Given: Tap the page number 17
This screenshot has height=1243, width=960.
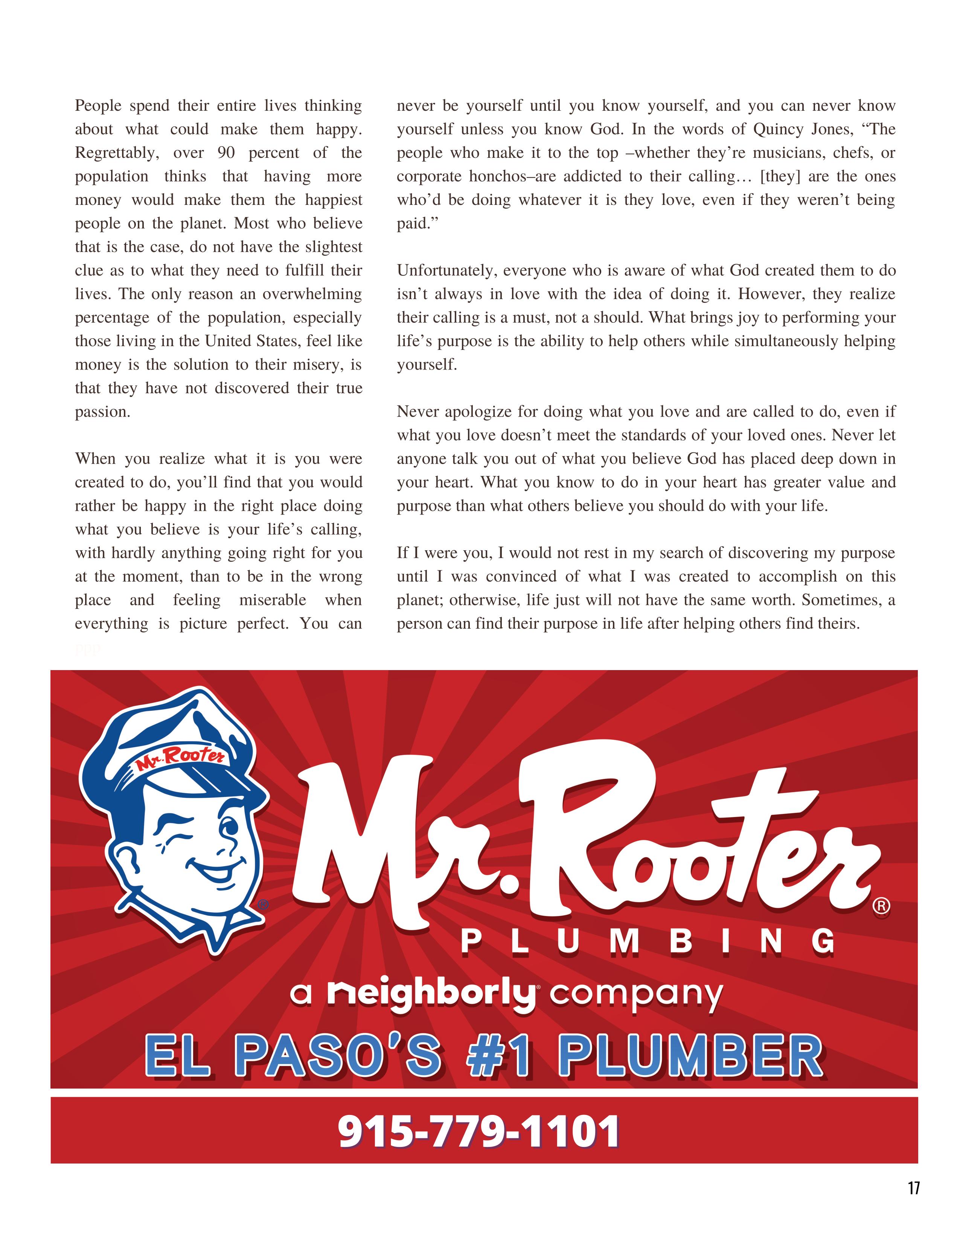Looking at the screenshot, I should pos(913,1204).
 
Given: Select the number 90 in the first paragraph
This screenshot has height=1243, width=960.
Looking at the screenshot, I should pos(226,153).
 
